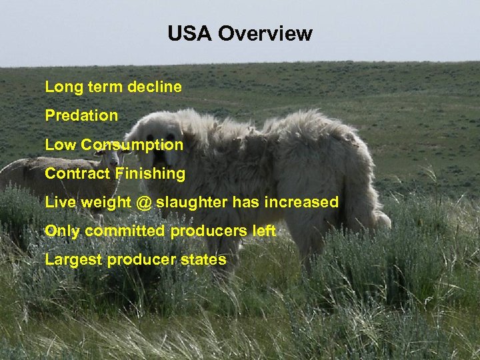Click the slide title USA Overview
239,33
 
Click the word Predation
81,115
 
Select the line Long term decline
113,87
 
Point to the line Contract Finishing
115,173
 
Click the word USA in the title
189,33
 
